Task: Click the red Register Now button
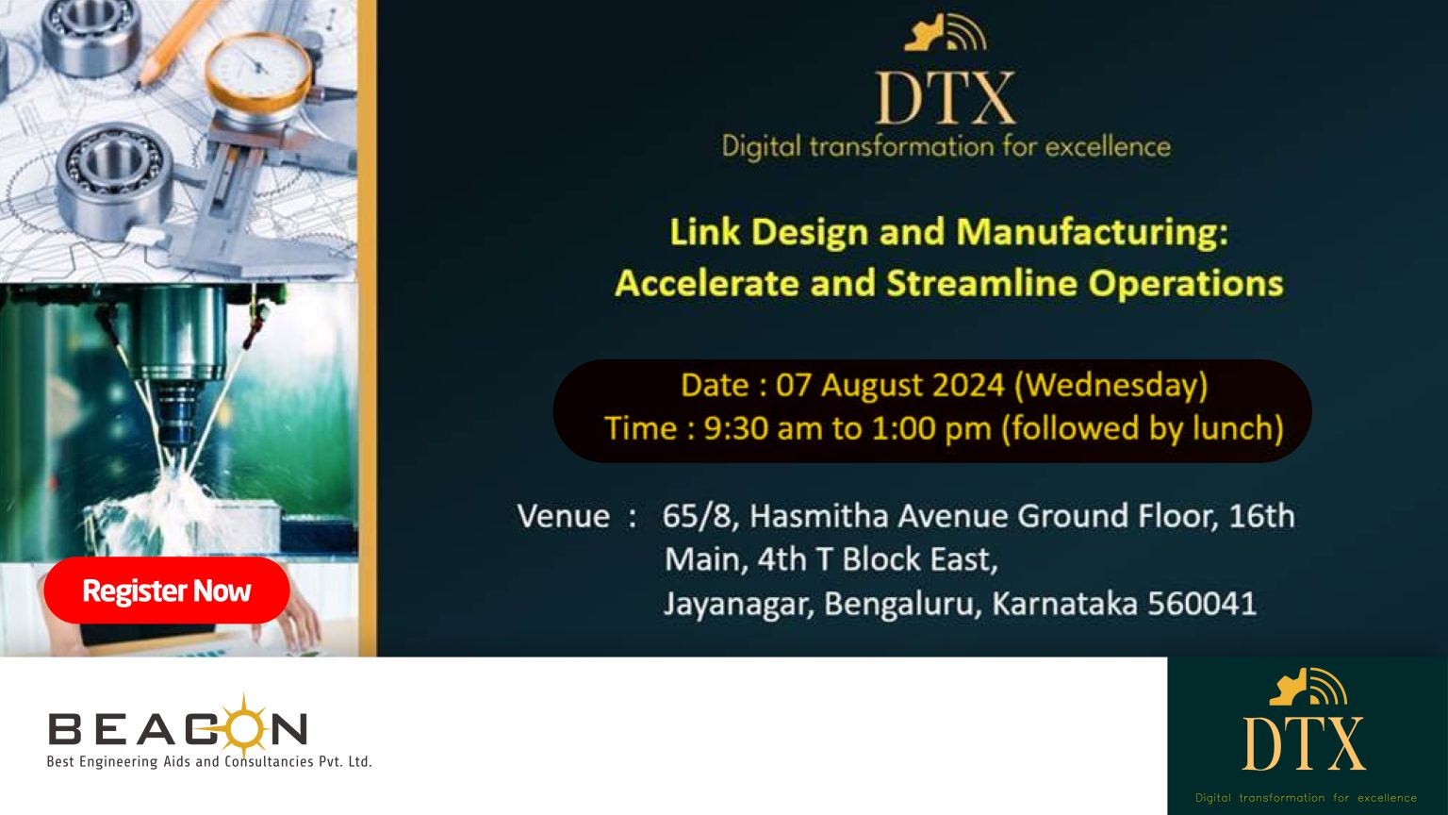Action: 167,590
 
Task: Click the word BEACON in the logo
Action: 178,729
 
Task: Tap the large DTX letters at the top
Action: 946,98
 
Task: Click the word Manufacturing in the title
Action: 1093,231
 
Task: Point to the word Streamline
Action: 982,283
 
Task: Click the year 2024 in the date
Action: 968,385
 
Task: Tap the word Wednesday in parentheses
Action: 1111,386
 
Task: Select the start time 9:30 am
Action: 749,428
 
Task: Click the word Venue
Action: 563,516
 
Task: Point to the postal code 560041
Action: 1202,604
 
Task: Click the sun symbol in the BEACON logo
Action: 244,726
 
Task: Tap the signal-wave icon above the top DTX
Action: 946,33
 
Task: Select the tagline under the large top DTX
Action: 946,146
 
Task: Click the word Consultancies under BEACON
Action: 269,761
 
